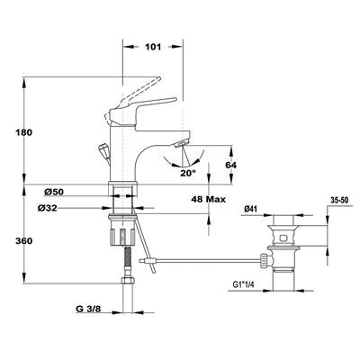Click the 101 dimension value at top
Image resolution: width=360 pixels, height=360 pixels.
(153, 47)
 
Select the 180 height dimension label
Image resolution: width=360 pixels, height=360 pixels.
(23, 132)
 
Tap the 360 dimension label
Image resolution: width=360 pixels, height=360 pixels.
(23, 241)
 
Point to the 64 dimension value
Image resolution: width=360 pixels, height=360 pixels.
(230, 165)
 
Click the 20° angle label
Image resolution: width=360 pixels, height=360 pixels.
(188, 173)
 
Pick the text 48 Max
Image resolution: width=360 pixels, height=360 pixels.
(208, 199)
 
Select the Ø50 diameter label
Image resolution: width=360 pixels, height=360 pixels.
(54, 192)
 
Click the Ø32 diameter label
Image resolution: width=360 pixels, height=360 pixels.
(48, 208)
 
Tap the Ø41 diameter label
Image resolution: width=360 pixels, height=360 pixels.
(251, 210)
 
